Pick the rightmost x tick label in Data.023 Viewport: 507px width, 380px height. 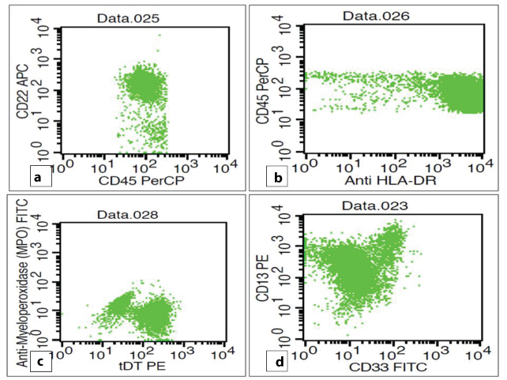pyautogui.click(x=474, y=355)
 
